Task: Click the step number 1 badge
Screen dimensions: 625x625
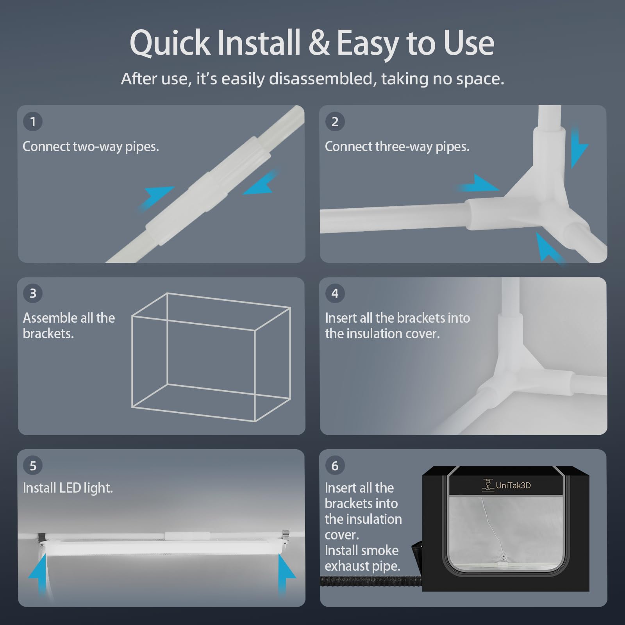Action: [33, 121]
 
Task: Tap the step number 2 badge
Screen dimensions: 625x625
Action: [335, 121]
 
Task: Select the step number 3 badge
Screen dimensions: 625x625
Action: [33, 293]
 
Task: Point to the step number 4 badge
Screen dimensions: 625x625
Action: [335, 293]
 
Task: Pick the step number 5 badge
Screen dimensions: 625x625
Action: [33, 466]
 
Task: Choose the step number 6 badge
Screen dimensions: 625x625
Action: [335, 466]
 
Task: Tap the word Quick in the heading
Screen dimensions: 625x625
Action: [170, 43]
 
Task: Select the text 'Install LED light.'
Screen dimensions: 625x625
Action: [68, 488]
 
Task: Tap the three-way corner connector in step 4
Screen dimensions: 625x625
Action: [508, 371]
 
